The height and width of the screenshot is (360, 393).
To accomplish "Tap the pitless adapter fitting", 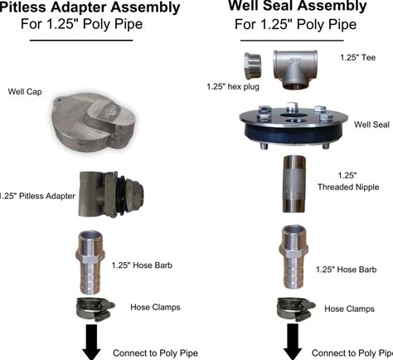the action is click(x=111, y=194).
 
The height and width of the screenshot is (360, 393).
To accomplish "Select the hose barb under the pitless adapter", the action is click(x=90, y=262).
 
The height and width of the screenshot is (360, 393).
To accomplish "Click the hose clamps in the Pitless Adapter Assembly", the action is click(x=95, y=309).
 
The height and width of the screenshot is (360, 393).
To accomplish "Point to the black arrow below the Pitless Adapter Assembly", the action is click(x=91, y=342).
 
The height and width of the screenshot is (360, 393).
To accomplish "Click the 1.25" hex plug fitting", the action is click(x=252, y=66).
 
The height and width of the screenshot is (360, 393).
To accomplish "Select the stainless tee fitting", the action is click(x=295, y=70).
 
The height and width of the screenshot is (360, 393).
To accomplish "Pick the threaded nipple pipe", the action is click(x=294, y=184).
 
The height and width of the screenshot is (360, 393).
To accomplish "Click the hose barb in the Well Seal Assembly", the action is click(x=295, y=257).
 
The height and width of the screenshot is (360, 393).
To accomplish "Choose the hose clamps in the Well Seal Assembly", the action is click(x=295, y=309).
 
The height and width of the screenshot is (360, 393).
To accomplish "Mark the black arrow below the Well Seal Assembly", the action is click(x=293, y=342).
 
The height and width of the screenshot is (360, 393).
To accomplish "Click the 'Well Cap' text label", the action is click(x=25, y=91).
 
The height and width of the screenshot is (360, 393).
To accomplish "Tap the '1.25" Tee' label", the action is click(x=358, y=57).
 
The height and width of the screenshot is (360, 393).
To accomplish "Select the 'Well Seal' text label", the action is click(x=371, y=124).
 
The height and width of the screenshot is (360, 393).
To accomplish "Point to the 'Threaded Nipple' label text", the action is click(x=348, y=187).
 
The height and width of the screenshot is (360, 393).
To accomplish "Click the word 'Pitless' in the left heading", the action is click(x=23, y=7).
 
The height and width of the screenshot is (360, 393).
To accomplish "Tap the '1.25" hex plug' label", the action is click(x=233, y=87).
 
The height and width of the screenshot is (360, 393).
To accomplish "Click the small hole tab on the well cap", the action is click(x=58, y=100).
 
